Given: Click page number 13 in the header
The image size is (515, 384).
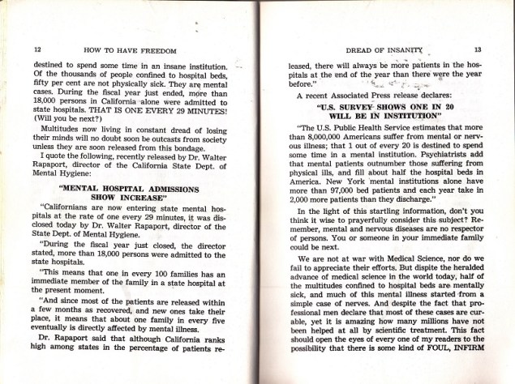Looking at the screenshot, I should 479,49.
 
